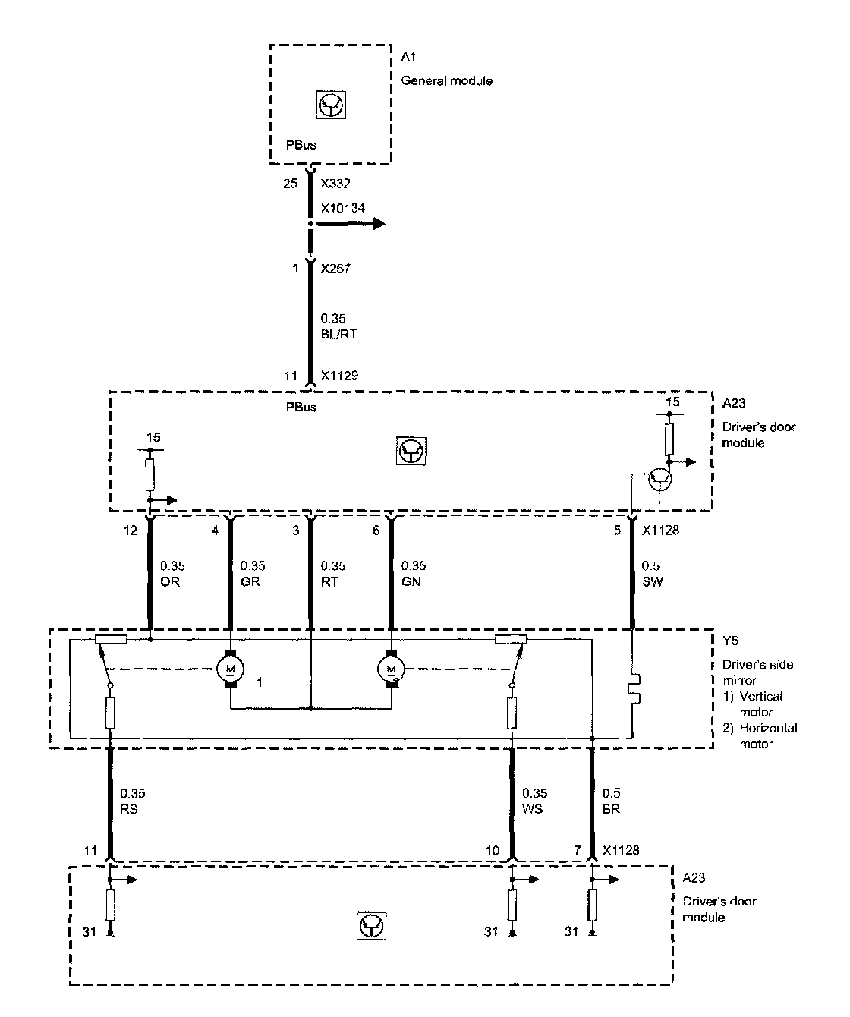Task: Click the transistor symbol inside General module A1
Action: click(x=330, y=103)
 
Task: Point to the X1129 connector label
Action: click(x=339, y=375)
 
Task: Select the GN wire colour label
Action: click(x=410, y=581)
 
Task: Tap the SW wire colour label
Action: click(x=652, y=581)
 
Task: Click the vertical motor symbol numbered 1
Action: click(x=230, y=669)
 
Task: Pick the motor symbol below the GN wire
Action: click(x=392, y=669)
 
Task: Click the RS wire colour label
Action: click(x=129, y=809)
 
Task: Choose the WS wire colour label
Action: click(x=532, y=809)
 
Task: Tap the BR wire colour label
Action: click(x=611, y=809)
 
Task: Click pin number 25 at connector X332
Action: click(x=290, y=184)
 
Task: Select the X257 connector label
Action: click(x=335, y=269)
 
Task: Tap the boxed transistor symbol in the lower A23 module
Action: click(x=372, y=924)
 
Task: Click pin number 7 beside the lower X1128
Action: click(x=579, y=851)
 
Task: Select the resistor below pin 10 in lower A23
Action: click(x=513, y=904)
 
